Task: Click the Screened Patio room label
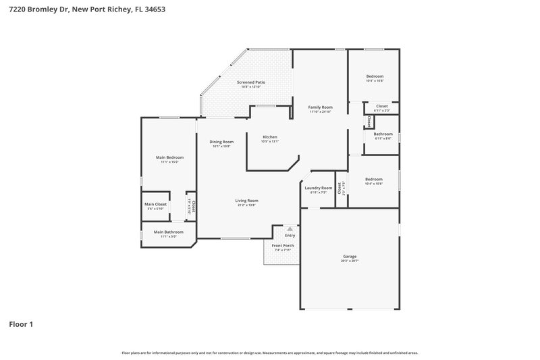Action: [x=249, y=82]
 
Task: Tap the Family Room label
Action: [x=321, y=107]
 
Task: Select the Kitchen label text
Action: [x=270, y=137]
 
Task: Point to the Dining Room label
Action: [x=221, y=142]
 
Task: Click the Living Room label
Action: [x=246, y=201]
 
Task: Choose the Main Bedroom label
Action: [x=169, y=157]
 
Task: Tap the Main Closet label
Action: [x=155, y=204]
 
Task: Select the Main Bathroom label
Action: [x=168, y=232]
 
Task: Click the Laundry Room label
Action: [x=318, y=188]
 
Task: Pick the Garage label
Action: [x=350, y=256]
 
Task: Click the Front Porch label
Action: [x=282, y=245]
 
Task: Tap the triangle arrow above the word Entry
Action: [x=290, y=229]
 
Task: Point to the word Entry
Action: [x=290, y=235]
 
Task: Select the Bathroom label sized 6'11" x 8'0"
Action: [x=383, y=134]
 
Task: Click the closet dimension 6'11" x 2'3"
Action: [x=381, y=110]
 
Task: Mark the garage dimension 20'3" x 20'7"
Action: [x=350, y=261]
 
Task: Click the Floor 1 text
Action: [x=21, y=324]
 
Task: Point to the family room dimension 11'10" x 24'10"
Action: [x=321, y=111]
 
